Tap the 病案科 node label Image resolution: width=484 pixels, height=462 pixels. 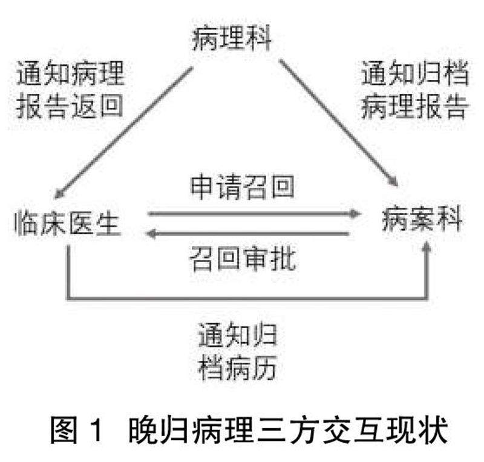point(422,218)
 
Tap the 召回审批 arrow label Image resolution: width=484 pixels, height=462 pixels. point(243,259)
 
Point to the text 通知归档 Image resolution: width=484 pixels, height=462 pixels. point(414,76)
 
